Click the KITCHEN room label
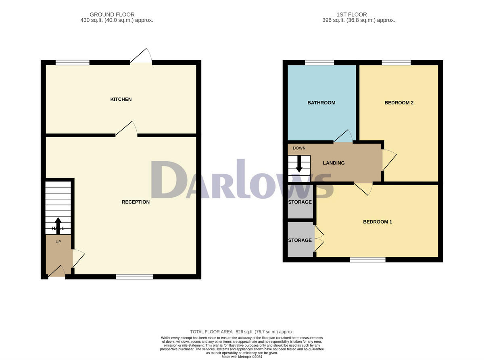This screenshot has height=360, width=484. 121,99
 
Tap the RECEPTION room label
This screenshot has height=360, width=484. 136,202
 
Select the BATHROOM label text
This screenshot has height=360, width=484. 321,103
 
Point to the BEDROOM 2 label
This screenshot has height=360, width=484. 399,103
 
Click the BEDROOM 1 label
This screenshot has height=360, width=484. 378,222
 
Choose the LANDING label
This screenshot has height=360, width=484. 334,163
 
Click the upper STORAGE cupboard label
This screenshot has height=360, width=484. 300,202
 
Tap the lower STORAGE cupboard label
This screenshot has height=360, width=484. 300,240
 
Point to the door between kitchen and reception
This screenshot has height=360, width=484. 127,129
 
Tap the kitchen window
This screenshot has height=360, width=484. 72,62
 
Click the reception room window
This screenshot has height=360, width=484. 134,277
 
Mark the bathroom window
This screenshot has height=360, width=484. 319,62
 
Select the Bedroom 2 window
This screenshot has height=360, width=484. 396,62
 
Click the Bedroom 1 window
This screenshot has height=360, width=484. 367,260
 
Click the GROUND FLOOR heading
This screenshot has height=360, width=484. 112,15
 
